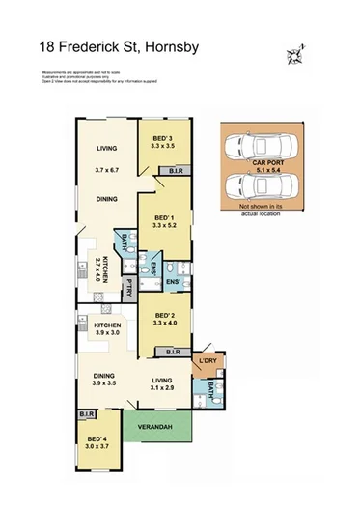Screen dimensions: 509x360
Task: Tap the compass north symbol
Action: (x=293, y=56)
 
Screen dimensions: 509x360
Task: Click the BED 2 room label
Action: (x=163, y=317)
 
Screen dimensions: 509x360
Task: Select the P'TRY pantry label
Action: (x=127, y=287)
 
